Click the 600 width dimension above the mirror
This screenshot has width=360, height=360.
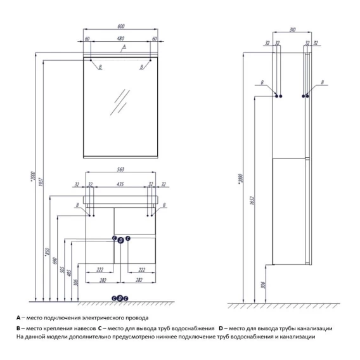[121, 26]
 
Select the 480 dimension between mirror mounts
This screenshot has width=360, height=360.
[120, 38]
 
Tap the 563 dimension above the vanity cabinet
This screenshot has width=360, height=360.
[120, 169]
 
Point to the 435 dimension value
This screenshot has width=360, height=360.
[120, 184]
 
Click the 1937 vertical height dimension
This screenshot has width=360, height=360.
[41, 182]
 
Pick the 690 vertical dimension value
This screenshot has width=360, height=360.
[55, 261]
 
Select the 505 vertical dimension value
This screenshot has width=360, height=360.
[62, 270]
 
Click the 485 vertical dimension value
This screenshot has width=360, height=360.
[69, 273]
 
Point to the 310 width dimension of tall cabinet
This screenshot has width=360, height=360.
[292, 30]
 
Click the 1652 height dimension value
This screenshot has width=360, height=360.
[252, 200]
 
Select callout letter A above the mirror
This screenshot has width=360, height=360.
[124, 47]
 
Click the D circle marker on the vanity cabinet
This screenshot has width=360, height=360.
[121, 240]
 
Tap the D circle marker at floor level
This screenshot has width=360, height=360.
[120, 299]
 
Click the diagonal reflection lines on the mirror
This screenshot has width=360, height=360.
[120, 102]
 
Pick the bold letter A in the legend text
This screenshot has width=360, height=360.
[18, 318]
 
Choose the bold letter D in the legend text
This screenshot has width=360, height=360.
[221, 328]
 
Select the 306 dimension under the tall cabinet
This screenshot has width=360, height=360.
[263, 285]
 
